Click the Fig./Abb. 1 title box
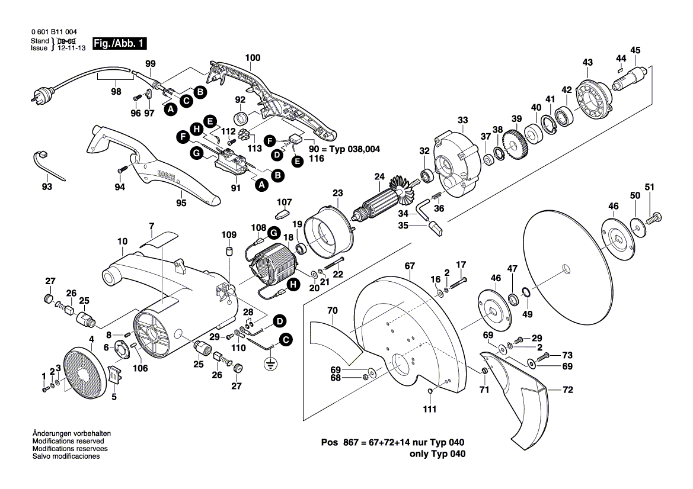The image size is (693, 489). pyautogui.click(x=119, y=44)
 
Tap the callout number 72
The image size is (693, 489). pyautogui.click(x=568, y=391)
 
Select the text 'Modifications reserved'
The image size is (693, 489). pyautogui.click(x=68, y=442)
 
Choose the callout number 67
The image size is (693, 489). pyautogui.click(x=410, y=266)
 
